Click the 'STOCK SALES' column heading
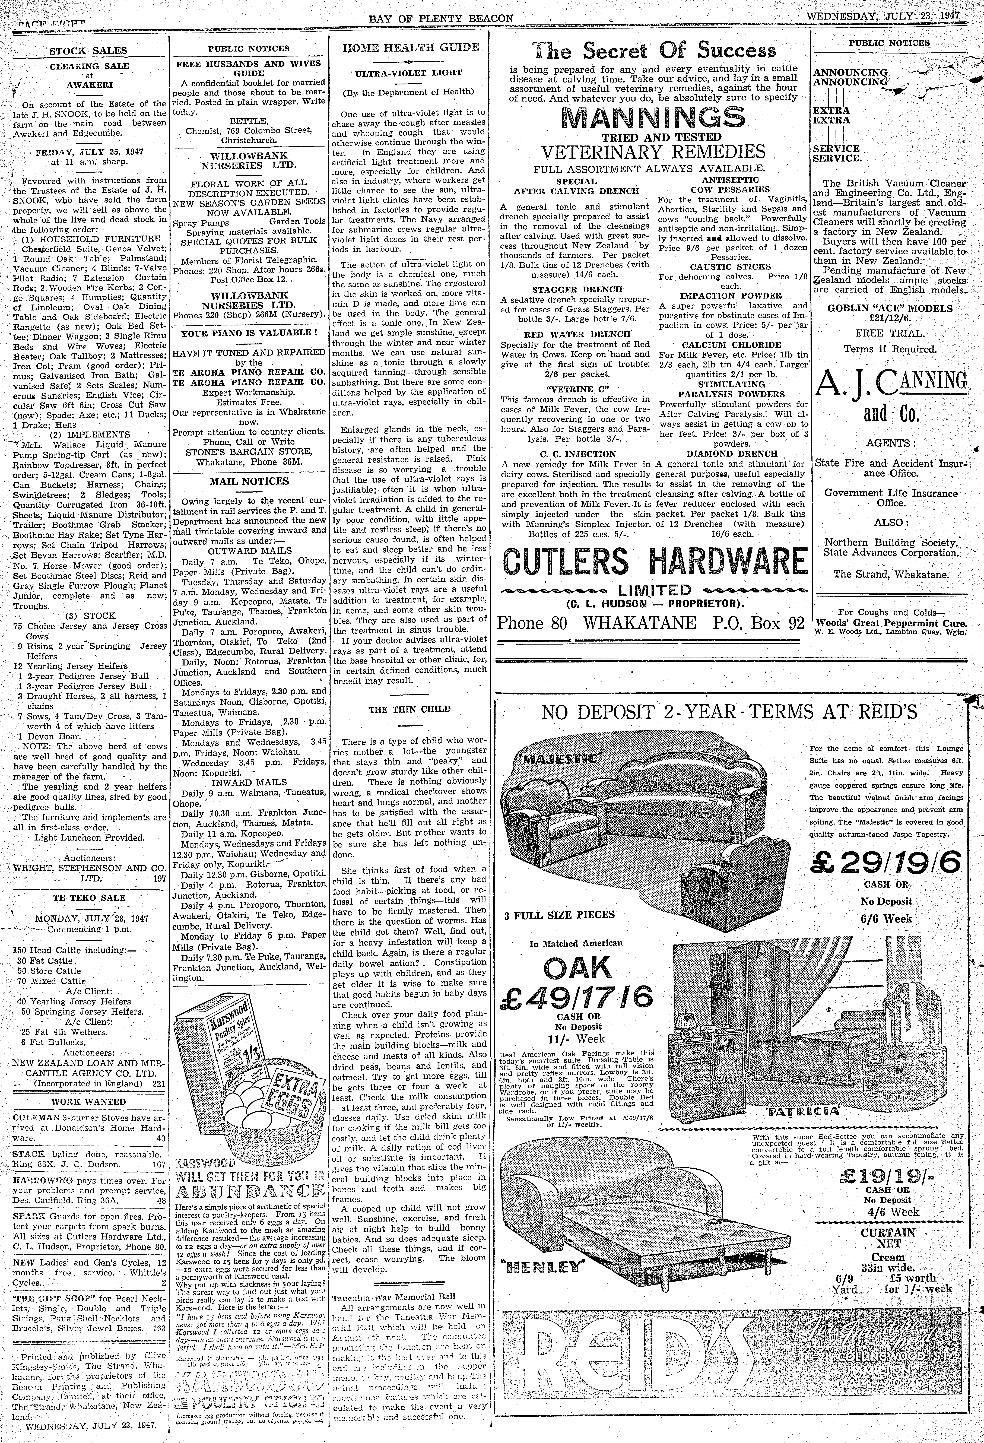pos(88,51)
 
